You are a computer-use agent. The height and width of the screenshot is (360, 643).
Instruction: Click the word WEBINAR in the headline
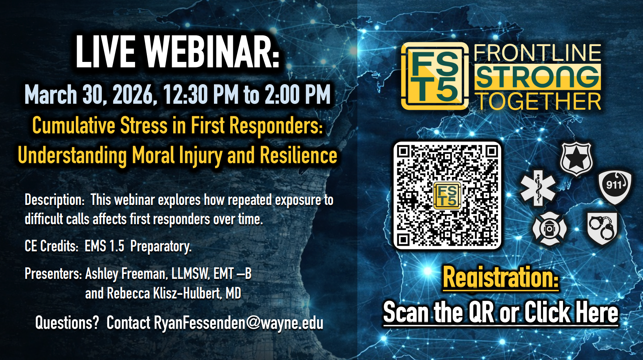pyautogui.click(x=212, y=52)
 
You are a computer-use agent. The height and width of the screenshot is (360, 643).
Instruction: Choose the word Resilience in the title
pyautogui.click(x=298, y=155)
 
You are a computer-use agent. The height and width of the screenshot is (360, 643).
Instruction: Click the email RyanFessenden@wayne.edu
pyautogui.click(x=238, y=323)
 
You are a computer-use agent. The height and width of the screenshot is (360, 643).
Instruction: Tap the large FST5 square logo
pyautogui.click(x=435, y=76)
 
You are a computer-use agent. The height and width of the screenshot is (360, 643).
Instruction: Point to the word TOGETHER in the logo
pyautogui.click(x=539, y=102)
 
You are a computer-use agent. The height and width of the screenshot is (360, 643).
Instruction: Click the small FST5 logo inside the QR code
pyautogui.click(x=447, y=195)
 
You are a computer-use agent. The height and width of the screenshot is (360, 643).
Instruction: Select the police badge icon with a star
pyautogui.click(x=576, y=159)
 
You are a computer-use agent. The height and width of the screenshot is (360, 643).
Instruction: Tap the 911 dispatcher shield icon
pyautogui.click(x=615, y=187)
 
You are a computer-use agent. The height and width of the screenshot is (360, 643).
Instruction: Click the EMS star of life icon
pyautogui.click(x=538, y=188)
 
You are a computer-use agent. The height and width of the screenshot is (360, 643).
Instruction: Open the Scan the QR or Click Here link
pyautogui.click(x=501, y=312)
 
